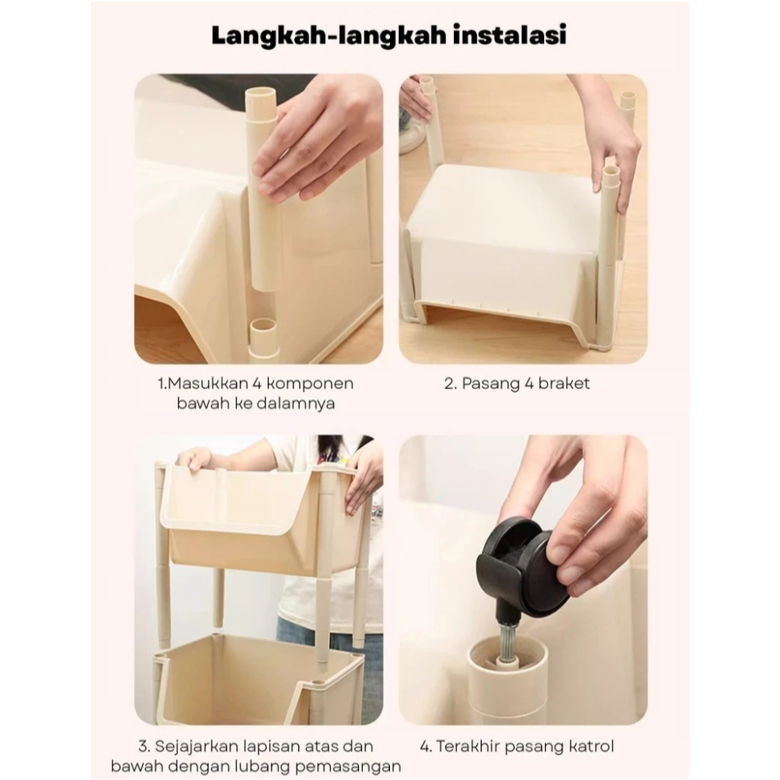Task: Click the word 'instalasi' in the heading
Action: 509,36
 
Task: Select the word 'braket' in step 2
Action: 563,384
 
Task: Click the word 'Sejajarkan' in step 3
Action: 196,746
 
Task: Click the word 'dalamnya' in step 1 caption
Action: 295,404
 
